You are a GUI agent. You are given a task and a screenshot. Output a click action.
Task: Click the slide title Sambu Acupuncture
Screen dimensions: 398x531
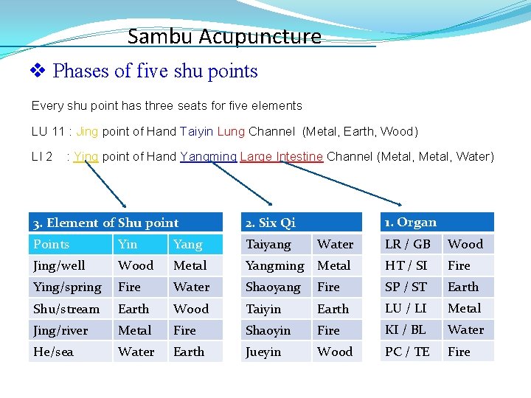click(x=224, y=36)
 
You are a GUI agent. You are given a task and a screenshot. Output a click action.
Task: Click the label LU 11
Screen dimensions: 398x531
click(x=48, y=132)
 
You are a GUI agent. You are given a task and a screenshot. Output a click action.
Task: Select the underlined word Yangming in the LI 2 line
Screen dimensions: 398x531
click(x=208, y=156)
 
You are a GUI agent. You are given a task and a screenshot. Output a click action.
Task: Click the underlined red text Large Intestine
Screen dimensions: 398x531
click(x=281, y=156)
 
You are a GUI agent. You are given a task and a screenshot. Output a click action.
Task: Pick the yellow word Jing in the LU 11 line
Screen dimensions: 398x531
click(x=87, y=132)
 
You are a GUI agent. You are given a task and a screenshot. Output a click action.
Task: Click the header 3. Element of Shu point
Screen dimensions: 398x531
click(x=105, y=223)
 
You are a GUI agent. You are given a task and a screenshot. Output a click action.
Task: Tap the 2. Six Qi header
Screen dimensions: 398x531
click(x=270, y=223)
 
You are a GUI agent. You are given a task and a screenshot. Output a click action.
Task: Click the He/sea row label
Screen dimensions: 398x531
click(x=53, y=352)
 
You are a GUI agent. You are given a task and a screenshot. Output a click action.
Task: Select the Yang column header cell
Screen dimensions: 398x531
click(x=187, y=244)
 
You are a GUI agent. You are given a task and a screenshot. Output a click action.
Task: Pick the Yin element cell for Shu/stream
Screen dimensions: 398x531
click(x=133, y=309)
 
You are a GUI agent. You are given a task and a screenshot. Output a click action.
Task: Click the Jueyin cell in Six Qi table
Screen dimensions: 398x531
click(x=263, y=352)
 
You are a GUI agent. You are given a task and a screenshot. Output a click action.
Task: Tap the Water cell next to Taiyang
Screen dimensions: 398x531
click(x=336, y=244)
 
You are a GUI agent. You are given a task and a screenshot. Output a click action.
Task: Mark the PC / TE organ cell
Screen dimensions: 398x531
click(x=407, y=352)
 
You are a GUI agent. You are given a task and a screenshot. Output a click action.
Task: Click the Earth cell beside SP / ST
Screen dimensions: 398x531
click(x=463, y=287)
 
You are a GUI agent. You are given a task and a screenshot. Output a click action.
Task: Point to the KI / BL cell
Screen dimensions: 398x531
click(x=406, y=329)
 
